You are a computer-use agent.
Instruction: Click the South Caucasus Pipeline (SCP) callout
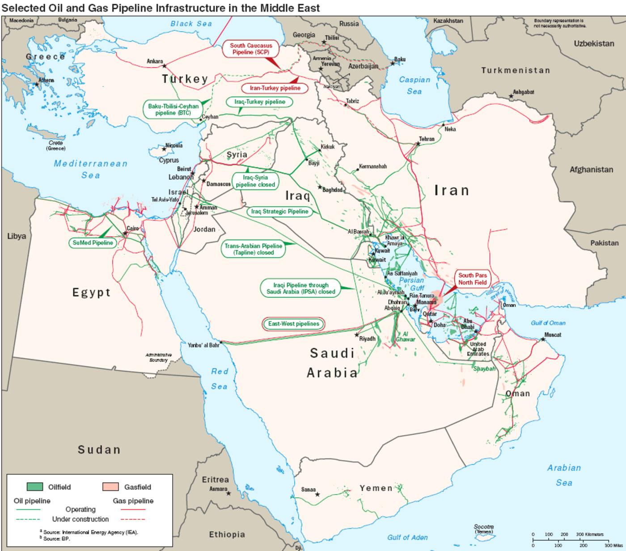click(x=251, y=49)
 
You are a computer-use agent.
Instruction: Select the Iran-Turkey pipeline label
click(x=275, y=88)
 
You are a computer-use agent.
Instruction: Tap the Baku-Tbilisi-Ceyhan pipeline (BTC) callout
click(x=173, y=110)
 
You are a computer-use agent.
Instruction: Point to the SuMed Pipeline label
click(x=93, y=243)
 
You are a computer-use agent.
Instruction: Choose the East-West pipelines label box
click(x=293, y=324)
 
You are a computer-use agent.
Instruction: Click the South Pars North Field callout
click(x=472, y=279)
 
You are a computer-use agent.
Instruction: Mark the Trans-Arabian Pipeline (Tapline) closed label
click(x=253, y=249)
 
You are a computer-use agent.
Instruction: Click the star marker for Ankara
click(x=164, y=66)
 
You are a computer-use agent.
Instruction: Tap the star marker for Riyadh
click(x=357, y=335)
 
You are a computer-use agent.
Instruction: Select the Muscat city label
click(x=553, y=335)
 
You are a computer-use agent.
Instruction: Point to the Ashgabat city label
click(x=523, y=92)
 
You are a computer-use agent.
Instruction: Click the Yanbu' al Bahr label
click(x=203, y=345)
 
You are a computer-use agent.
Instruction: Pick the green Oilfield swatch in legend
click(x=35, y=487)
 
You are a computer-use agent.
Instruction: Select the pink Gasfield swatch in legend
click(x=110, y=487)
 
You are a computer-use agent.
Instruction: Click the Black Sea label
click(x=191, y=24)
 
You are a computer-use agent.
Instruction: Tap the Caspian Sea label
click(x=415, y=85)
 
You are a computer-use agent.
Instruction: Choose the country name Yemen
click(x=376, y=488)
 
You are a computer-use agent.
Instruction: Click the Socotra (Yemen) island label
click(x=483, y=529)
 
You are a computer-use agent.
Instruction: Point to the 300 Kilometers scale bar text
click(x=589, y=534)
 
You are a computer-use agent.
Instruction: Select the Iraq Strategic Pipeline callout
click(x=279, y=212)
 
